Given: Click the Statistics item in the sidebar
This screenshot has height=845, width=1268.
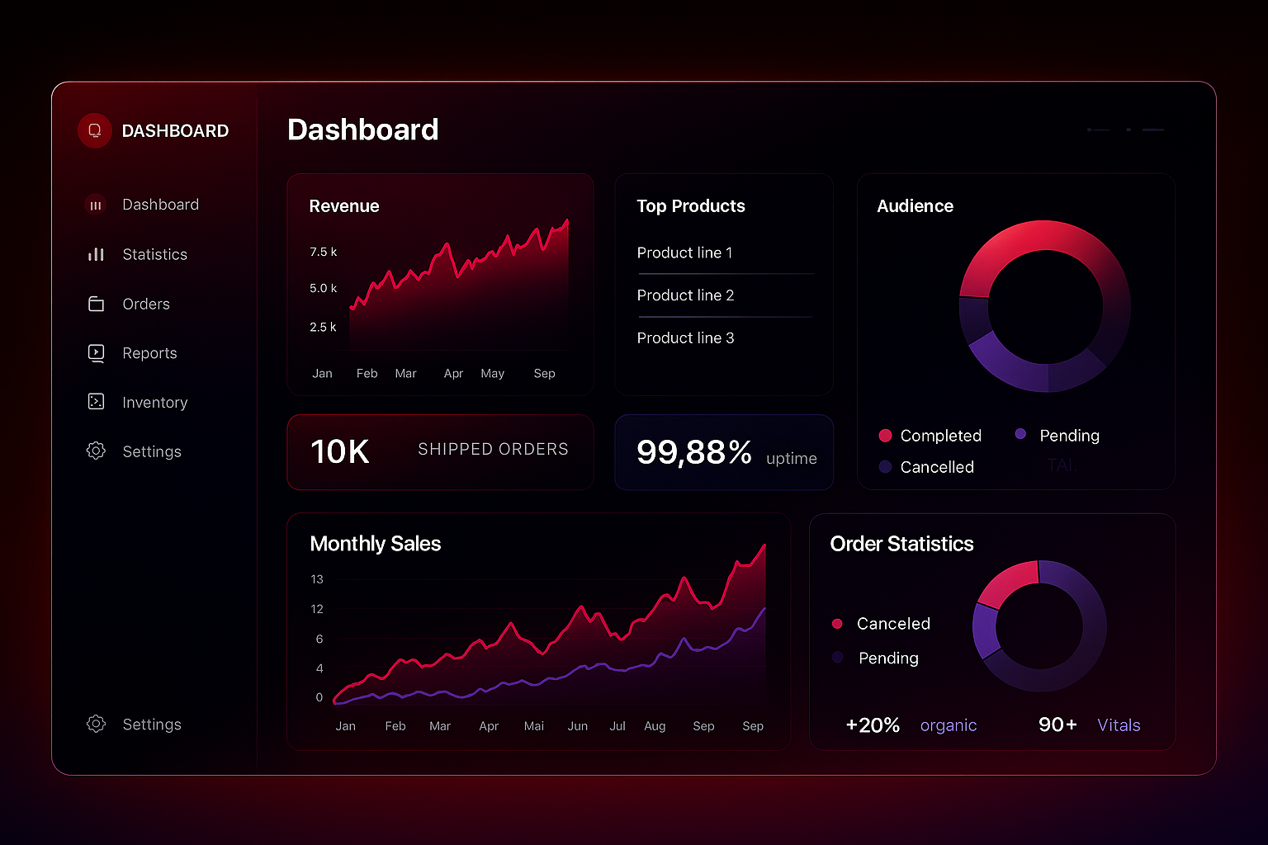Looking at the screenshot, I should pos(154,255).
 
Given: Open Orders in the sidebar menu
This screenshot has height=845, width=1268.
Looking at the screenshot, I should pos(145,304).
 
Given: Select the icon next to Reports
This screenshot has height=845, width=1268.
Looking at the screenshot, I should pos(97,353).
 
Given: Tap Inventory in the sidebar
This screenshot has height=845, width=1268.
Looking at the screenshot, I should pos(154,403).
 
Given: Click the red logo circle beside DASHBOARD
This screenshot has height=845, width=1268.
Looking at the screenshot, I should pos(95,131).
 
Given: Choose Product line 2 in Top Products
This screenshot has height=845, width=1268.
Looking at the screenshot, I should pos(685,295).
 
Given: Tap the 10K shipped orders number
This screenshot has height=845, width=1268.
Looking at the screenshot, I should pos(339,451).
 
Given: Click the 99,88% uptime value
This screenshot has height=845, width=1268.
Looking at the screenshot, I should pos(693,452).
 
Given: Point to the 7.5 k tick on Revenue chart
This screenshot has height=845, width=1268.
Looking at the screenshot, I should pos(323,252).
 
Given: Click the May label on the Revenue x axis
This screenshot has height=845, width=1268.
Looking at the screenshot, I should pos(492,374).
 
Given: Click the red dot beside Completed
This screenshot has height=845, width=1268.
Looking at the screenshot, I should pos(886,436).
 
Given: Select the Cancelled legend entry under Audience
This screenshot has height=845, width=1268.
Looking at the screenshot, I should pos(936,467).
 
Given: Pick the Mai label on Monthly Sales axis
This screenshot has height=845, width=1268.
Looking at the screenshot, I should pos(534,726).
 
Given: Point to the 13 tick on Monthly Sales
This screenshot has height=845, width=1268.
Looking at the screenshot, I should pos(317,579).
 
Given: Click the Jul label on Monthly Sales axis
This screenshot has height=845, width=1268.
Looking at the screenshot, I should pos(617,726).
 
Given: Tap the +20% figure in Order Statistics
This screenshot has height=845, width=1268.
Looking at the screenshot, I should pos(873,725).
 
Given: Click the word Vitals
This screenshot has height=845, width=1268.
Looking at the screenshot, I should pos(1119,725).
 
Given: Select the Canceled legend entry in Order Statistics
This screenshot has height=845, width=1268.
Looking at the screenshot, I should pos(892,624).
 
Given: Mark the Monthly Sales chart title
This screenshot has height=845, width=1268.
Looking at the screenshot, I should pos(375,544).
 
